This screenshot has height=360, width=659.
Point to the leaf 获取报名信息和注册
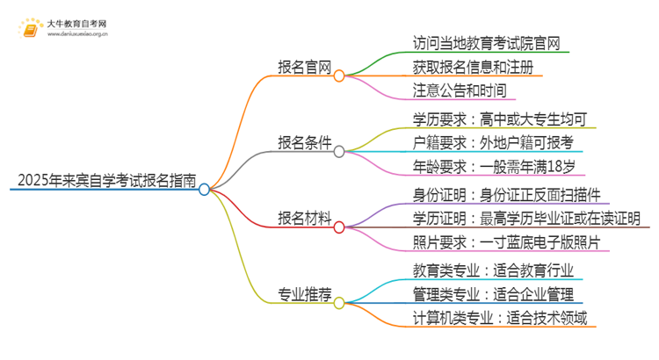[x=472, y=67]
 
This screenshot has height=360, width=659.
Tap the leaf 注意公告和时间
[x=459, y=90]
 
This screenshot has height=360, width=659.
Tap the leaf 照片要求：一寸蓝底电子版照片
[x=507, y=242]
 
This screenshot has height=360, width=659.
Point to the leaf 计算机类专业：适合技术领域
[x=500, y=318]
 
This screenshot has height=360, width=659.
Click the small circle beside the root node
[x=204, y=189]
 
